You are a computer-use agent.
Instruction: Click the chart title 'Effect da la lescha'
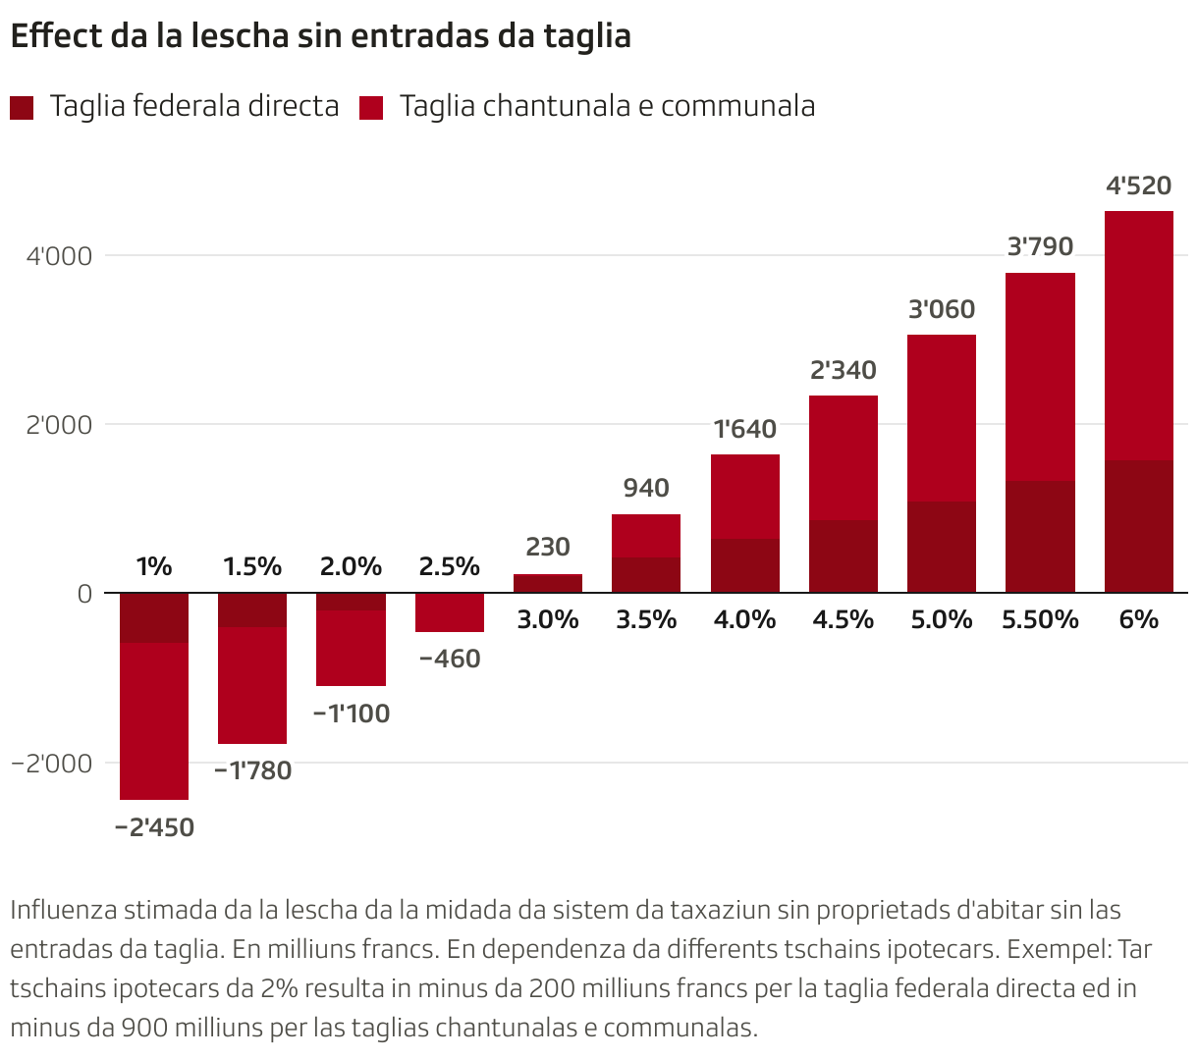(320, 35)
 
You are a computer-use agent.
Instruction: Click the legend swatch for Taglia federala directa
(22, 107)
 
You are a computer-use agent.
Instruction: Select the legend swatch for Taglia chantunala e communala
(370, 107)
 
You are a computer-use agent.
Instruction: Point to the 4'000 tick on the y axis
(59, 256)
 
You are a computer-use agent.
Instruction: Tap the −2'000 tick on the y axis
(52, 763)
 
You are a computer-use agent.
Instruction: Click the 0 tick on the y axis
(84, 594)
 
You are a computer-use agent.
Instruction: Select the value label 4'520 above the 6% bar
(1138, 185)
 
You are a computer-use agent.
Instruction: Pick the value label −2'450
(154, 827)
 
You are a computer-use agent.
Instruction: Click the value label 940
(646, 488)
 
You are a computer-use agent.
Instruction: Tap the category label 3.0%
(548, 619)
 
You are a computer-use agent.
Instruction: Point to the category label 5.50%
(1040, 619)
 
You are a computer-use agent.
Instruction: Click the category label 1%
(154, 566)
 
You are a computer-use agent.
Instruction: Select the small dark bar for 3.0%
(548, 583)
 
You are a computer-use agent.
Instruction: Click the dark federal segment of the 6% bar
(1138, 526)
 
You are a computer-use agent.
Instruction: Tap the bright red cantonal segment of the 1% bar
(154, 721)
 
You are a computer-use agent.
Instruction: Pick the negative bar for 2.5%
(450, 612)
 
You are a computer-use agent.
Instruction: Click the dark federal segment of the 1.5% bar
(252, 609)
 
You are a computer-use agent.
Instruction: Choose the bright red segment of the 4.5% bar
(843, 457)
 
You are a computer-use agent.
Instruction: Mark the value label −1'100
(352, 714)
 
